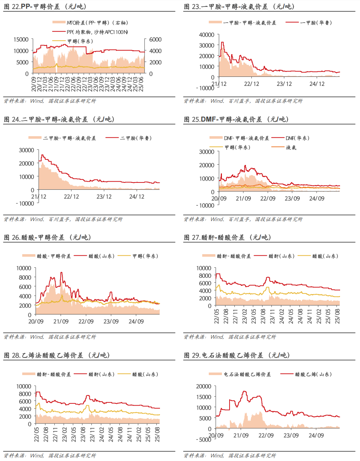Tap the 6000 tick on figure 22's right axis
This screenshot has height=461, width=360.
pos(155,40)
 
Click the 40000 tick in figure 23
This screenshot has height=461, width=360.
pos(207,35)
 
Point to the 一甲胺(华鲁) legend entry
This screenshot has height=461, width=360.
pos(316,23)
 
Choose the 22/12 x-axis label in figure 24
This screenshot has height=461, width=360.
pos(71,197)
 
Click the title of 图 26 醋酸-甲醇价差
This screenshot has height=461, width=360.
pos(47,237)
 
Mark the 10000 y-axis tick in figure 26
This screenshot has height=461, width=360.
pos(24,268)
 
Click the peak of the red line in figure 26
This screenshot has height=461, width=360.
pos(61,272)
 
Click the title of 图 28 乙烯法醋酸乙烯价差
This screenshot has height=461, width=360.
pos(56,355)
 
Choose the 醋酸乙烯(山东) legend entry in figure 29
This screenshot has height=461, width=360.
pos(313,374)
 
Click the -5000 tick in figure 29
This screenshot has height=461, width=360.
pos(205,440)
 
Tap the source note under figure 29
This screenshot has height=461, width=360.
pos(230,456)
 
